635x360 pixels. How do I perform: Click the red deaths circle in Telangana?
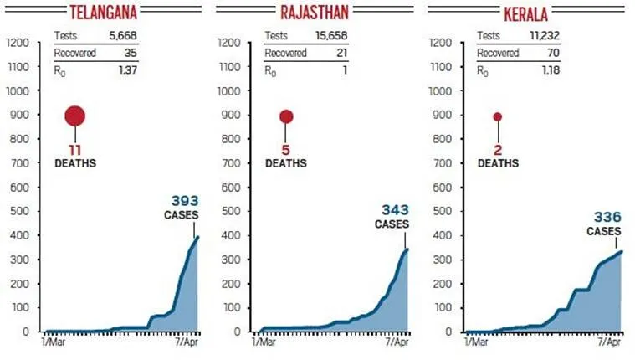pos(75,116)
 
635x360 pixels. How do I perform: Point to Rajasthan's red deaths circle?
pos(286,116)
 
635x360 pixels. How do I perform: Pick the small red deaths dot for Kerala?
pos(497,116)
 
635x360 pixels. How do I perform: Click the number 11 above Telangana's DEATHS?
pos(75,148)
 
